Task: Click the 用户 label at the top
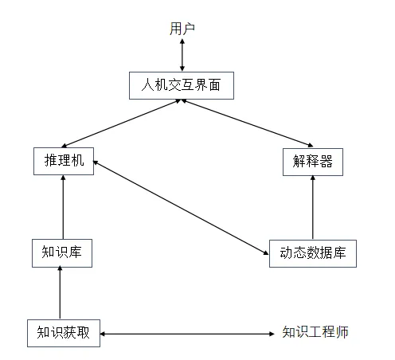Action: click(182, 29)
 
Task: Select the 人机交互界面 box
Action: click(182, 85)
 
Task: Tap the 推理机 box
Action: click(64, 161)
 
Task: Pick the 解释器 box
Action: click(313, 162)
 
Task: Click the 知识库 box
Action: click(62, 253)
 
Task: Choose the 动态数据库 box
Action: click(313, 253)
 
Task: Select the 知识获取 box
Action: click(64, 333)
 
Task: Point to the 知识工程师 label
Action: click(315, 332)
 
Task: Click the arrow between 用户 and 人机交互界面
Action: click(182, 55)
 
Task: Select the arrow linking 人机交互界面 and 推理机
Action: click(121, 123)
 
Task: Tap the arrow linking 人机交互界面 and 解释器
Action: click(247, 123)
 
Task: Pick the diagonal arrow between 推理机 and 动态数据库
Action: click(181, 208)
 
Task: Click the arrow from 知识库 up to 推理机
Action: click(63, 207)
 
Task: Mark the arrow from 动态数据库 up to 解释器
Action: click(313, 208)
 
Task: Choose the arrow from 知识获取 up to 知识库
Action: click(60, 292)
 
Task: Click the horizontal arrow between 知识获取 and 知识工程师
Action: click(187, 334)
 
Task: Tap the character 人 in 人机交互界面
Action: click(147, 85)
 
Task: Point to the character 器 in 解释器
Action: click(327, 162)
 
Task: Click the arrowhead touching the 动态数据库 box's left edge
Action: click(266, 253)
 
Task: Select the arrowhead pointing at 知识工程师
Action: click(272, 334)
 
